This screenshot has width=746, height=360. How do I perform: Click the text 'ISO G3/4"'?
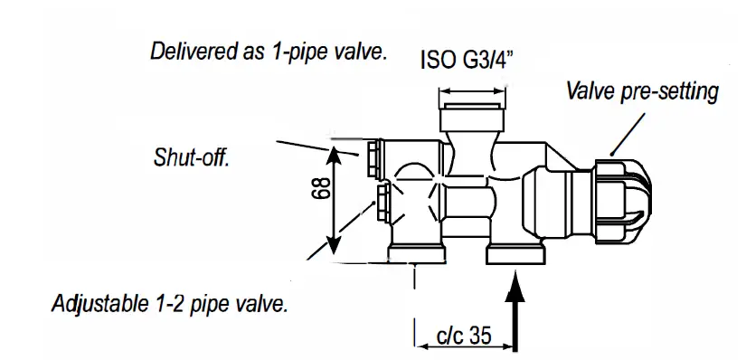[x=470, y=61]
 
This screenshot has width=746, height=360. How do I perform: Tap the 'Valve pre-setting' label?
[x=642, y=91]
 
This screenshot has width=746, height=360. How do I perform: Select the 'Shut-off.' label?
[x=191, y=158]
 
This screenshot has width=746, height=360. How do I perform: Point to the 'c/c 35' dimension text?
[x=463, y=336]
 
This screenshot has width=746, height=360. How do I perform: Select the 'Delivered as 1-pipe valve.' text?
[x=268, y=51]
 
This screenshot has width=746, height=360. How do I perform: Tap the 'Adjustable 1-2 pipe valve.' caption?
[x=170, y=303]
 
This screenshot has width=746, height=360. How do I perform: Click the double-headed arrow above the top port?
[x=471, y=91]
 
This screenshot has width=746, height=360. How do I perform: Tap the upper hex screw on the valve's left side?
[x=373, y=158]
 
